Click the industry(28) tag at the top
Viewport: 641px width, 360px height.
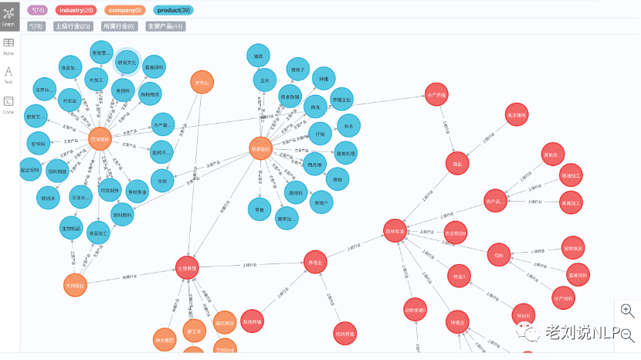75,10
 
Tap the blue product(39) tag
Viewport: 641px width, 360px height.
173,10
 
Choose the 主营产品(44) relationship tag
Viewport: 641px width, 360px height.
164,26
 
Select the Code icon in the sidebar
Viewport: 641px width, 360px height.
8,104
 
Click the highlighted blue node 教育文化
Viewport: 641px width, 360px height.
127,63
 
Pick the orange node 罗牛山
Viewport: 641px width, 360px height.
202,83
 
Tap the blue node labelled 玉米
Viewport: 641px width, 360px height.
265,80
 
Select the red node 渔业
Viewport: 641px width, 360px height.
457,163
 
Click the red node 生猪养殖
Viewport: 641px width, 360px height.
188,268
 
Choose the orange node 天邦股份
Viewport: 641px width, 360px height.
76,285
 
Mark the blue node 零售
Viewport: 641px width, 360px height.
259,208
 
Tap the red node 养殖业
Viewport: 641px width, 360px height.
315,262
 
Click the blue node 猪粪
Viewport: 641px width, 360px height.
259,56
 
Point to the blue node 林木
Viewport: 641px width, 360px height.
349,126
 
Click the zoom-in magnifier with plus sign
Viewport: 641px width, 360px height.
627,310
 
